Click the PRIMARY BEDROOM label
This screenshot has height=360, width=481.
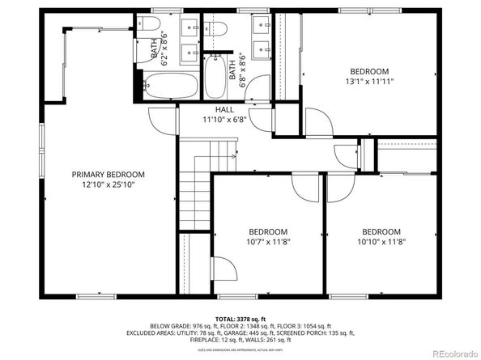(108, 175)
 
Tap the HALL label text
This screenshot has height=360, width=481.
(224, 109)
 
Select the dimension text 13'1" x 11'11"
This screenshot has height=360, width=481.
(368, 82)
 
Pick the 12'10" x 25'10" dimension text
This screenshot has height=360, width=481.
(108, 185)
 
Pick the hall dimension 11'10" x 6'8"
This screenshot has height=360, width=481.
(224, 120)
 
